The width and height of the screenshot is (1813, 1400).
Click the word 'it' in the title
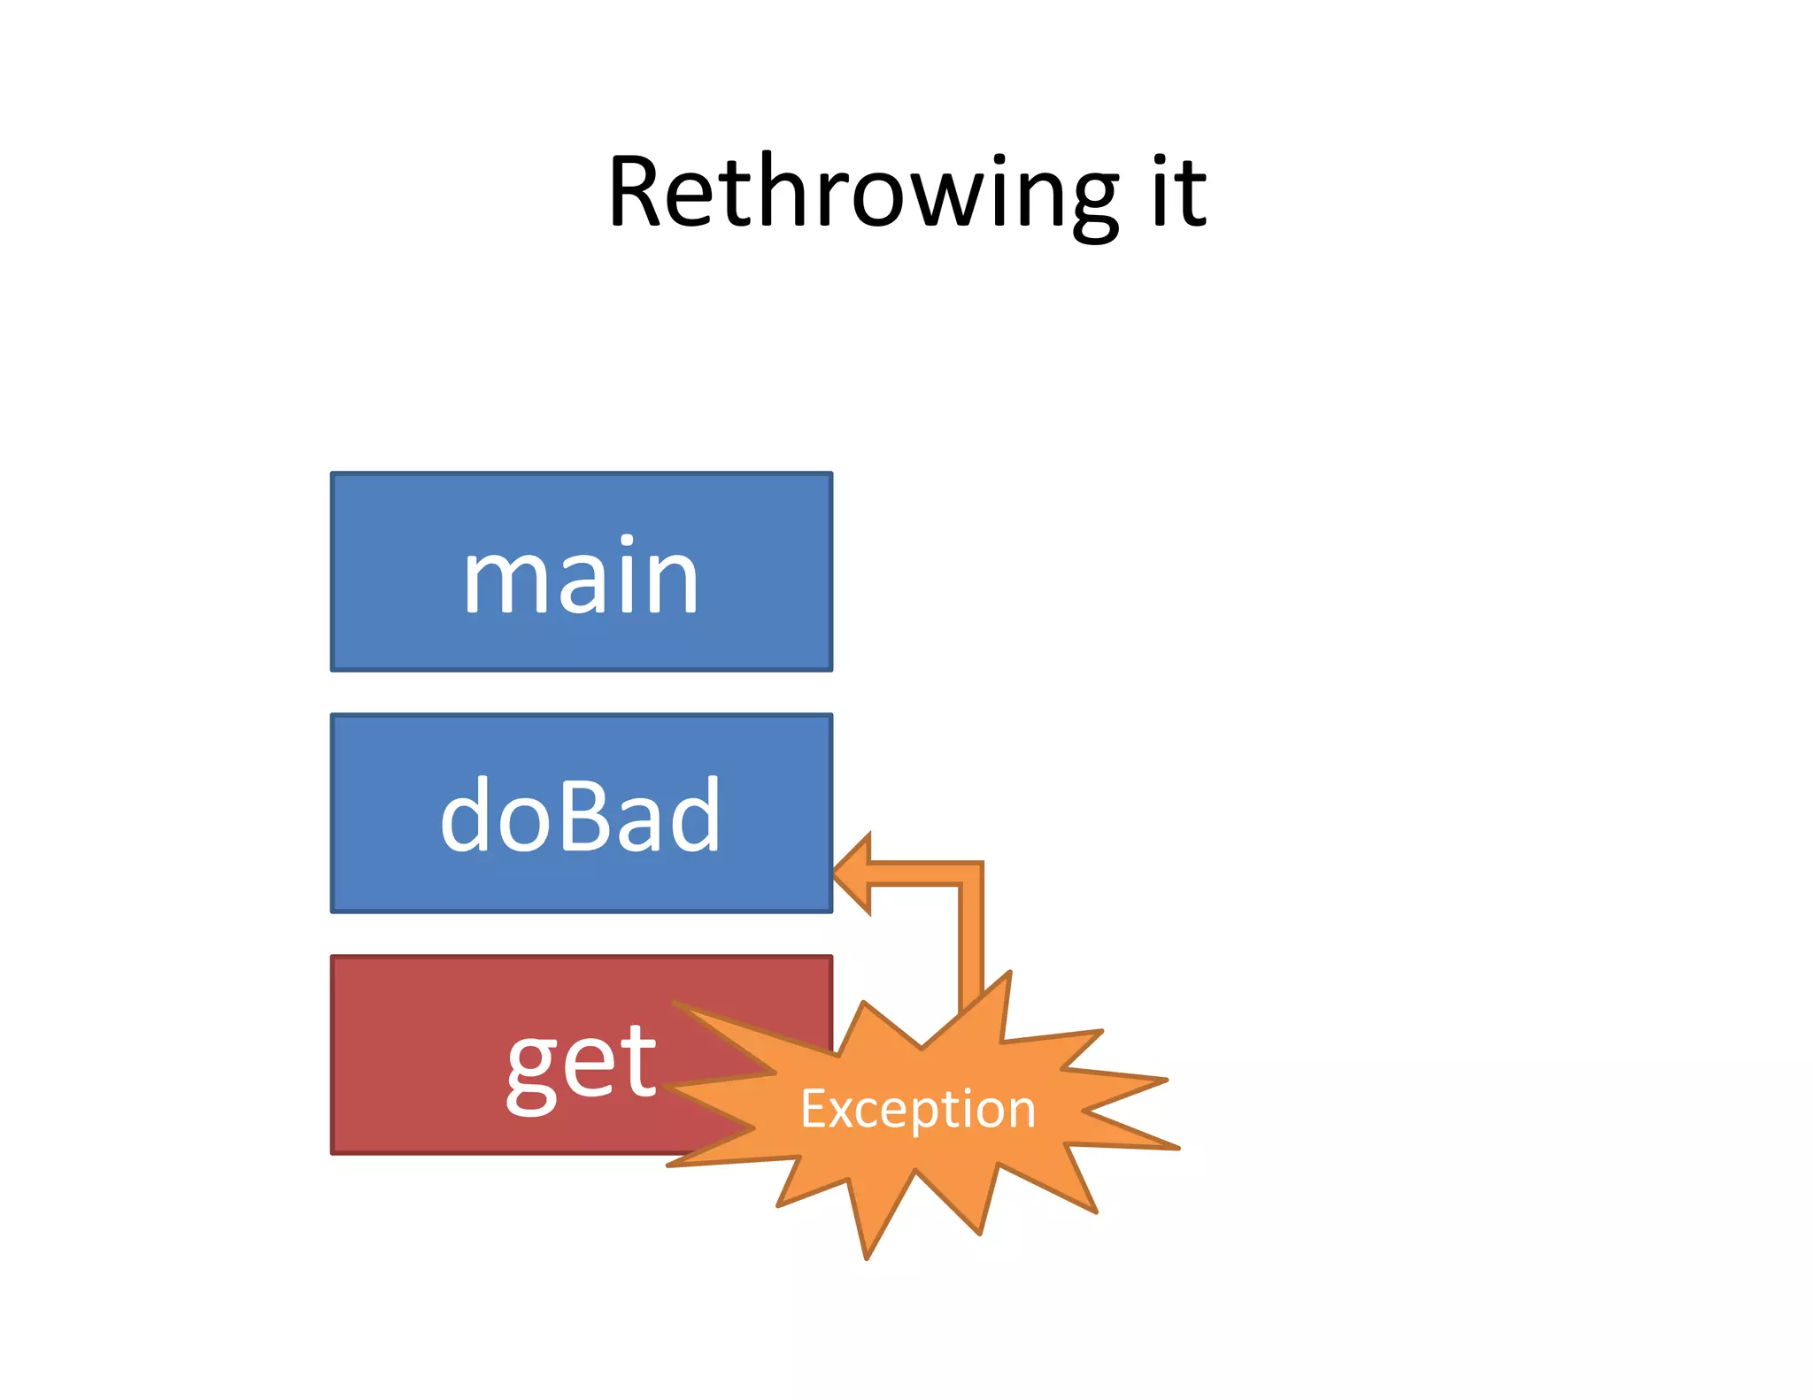click(x=1179, y=193)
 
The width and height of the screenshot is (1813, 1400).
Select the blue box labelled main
click(x=581, y=572)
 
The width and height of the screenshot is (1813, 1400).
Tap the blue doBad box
click(x=581, y=812)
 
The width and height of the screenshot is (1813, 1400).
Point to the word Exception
click(x=918, y=1109)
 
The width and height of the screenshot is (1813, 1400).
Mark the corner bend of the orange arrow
click(x=971, y=873)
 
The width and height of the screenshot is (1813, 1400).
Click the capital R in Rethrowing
click(x=639, y=193)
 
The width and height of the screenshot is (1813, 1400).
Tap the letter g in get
click(x=531, y=1071)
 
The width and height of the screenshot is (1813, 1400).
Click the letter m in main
click(x=501, y=580)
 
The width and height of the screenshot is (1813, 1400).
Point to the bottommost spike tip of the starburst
click(x=868, y=1257)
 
